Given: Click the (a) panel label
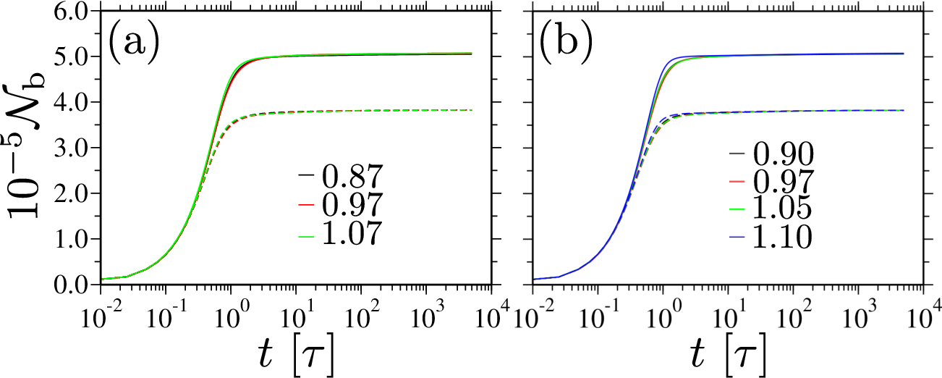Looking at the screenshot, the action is click(x=134, y=43).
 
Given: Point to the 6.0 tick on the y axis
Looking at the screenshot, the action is click(x=72, y=11).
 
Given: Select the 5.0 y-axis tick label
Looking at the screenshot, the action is click(x=72, y=56).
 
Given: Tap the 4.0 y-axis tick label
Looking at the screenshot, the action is click(x=72, y=102).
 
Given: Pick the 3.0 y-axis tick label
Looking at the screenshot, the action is click(x=72, y=148).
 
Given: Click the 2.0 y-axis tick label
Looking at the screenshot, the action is click(x=72, y=193).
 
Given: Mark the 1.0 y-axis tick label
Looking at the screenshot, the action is click(x=72, y=239).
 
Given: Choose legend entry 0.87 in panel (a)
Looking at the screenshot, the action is click(x=341, y=176).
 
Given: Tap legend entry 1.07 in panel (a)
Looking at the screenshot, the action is click(x=341, y=232).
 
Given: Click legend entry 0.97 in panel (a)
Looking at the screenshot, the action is click(x=341, y=205).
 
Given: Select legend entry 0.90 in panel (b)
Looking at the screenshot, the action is click(x=771, y=154).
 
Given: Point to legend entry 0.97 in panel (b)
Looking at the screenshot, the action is click(x=771, y=182).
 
